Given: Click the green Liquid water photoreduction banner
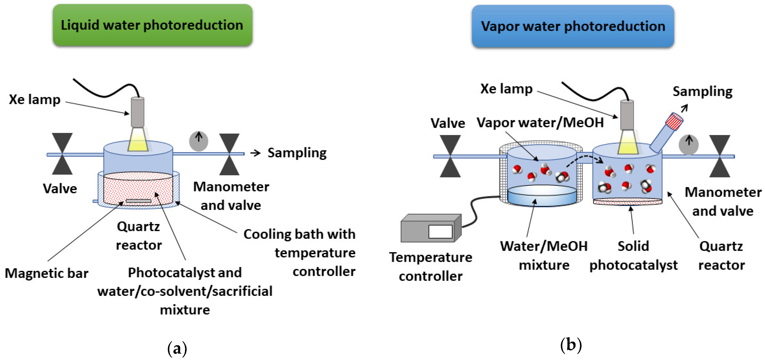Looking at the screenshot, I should coord(152,25).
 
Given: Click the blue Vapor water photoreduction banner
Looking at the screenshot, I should coord(573,26).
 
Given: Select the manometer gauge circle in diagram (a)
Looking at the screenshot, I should coord(198,141).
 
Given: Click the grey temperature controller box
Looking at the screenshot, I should coord(428,230).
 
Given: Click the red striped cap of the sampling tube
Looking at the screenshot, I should coord(674,121).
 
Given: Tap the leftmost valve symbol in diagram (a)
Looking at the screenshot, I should coord(62,153).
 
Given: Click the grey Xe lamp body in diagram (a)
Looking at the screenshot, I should coord(137,112).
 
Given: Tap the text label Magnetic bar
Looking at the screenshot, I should coord(47,273).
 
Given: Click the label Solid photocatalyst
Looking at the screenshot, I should coord(633,255).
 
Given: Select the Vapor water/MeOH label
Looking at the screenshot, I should coord(540,122).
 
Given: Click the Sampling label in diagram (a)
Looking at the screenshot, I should coord(297,153).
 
